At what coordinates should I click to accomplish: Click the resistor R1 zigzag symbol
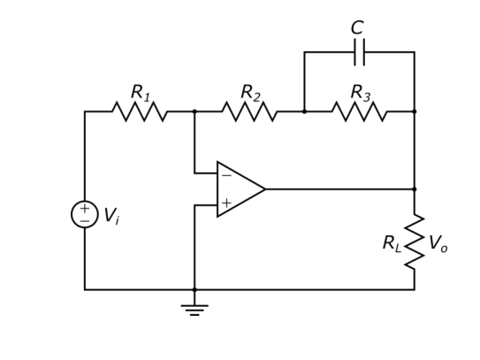pos(140,111)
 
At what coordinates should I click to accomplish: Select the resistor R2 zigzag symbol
pos(249,111)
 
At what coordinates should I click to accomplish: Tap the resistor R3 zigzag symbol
pos(359,111)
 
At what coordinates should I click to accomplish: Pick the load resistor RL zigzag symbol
pos(414,241)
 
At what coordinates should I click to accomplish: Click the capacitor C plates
pos(359,52)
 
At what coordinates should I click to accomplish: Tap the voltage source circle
pos(85,214)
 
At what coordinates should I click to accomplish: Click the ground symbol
pos(194,308)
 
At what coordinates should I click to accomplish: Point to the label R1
pos(141,92)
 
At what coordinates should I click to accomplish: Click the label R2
pos(250,92)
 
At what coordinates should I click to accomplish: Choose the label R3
pos(360,92)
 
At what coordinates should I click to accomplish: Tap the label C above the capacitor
pos(357,27)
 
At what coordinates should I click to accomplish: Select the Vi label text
pos(111,216)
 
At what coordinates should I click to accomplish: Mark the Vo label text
pos(438,243)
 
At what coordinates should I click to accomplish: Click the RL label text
pos(392,243)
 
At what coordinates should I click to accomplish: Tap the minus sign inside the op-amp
pos(226,175)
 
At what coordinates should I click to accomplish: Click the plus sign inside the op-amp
pos(226,203)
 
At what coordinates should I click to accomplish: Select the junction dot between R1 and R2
pos(194,111)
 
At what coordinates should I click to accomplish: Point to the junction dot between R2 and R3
pos(304,111)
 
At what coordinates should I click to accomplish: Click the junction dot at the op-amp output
pos(414,188)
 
